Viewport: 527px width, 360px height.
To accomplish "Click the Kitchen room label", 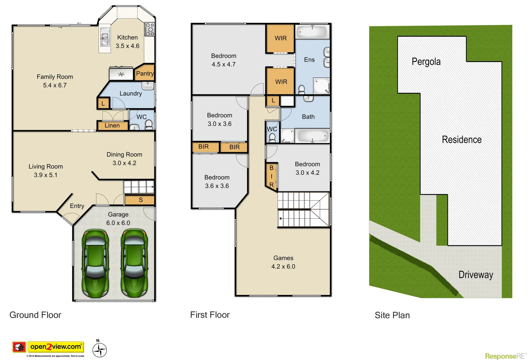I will click(127, 38).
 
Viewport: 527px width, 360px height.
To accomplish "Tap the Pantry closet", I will click(145, 73).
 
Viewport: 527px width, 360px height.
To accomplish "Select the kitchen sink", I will click(105, 37).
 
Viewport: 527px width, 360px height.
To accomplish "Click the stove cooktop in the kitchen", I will click(149, 29).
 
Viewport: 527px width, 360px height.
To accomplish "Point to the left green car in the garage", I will click(95, 263).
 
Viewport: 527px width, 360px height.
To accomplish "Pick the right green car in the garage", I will click(134, 263).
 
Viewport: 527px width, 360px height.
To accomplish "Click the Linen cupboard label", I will click(112, 126).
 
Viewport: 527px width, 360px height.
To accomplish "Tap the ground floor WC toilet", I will click(149, 125).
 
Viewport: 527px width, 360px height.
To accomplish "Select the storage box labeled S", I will click(140, 200).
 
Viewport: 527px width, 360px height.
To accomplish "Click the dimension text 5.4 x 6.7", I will click(55, 85).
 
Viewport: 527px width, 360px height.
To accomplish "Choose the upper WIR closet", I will click(280, 38).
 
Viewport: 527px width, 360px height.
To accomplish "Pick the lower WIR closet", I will click(281, 82).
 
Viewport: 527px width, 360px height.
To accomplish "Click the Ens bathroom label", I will click(309, 60).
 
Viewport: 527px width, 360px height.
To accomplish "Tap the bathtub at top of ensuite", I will click(312, 32).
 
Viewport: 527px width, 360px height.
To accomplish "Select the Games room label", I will click(283, 258).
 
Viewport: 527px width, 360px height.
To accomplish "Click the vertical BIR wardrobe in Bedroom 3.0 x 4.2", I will click(271, 176).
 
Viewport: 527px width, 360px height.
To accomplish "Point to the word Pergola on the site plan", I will click(426, 62).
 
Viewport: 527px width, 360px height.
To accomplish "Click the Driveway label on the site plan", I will click(475, 275).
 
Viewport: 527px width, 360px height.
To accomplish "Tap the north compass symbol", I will click(99, 350).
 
